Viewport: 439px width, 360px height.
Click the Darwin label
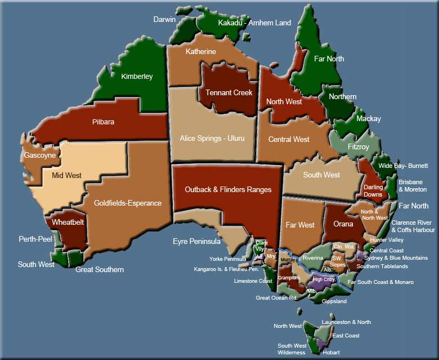(x=164, y=19)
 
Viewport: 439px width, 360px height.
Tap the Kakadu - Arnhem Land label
(x=254, y=23)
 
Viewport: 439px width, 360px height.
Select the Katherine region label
(x=201, y=52)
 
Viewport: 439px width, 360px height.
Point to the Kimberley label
(x=137, y=77)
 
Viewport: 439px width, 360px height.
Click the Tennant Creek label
(x=229, y=92)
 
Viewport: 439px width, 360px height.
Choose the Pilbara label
(x=104, y=122)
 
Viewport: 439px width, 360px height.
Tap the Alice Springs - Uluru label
(x=212, y=138)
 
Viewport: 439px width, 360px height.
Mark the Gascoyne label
(x=39, y=155)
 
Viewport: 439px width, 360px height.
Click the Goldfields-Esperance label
(x=128, y=203)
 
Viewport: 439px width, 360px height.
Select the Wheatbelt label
(x=68, y=223)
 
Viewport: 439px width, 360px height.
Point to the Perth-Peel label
(x=35, y=239)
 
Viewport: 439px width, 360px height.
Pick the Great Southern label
(x=100, y=269)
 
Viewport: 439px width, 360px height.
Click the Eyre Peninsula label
(x=196, y=242)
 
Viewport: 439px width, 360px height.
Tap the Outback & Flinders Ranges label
(x=228, y=190)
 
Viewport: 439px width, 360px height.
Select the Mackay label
(x=369, y=119)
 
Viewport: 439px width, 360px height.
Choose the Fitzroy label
(x=359, y=147)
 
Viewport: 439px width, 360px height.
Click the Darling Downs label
(x=373, y=190)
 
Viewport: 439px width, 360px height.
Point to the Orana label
(x=343, y=224)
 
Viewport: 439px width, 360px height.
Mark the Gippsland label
(x=334, y=301)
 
